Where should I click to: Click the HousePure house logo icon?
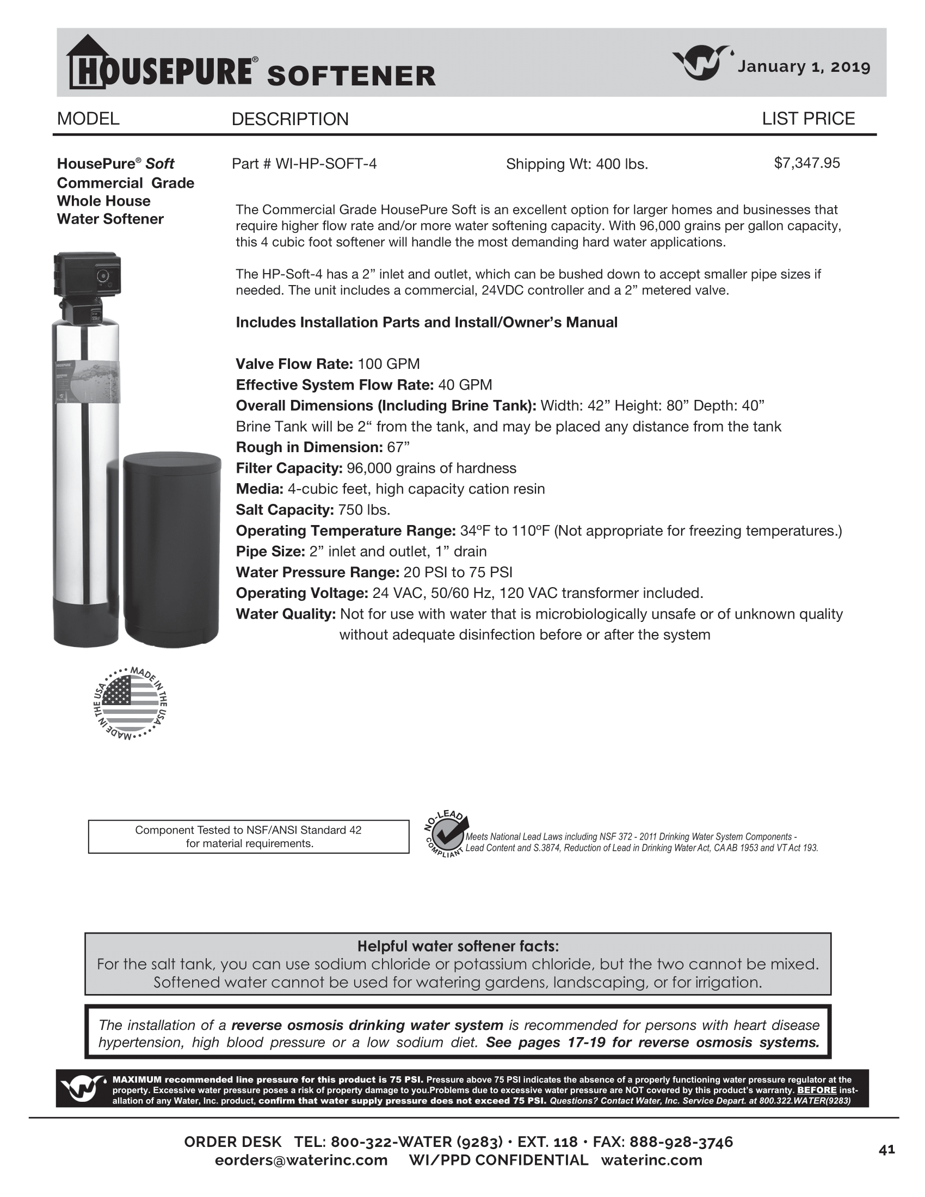pyautogui.click(x=87, y=62)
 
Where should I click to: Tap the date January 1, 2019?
pyautogui.click(x=804, y=67)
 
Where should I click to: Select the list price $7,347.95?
pyautogui.click(x=806, y=163)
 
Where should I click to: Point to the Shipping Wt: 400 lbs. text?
pyautogui.click(x=576, y=164)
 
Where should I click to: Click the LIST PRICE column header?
pyautogui.click(x=808, y=119)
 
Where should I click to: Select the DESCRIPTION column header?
pyautogui.click(x=290, y=119)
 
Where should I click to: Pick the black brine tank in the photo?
pyautogui.click(x=172, y=548)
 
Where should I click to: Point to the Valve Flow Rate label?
pyautogui.click(x=294, y=364)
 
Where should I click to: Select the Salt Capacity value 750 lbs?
pyautogui.click(x=364, y=510)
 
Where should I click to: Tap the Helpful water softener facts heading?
pyautogui.click(x=458, y=946)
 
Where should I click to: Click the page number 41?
pyautogui.click(x=886, y=1150)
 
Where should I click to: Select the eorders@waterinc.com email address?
pyautogui.click(x=301, y=1160)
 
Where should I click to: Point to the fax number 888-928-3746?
pyautogui.click(x=681, y=1142)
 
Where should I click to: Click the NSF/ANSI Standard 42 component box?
pyautogui.click(x=249, y=836)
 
